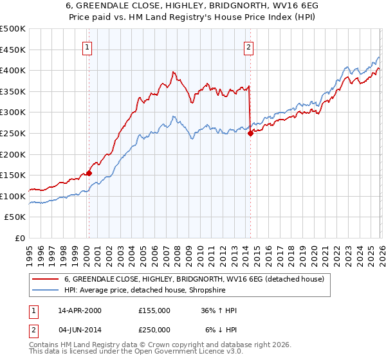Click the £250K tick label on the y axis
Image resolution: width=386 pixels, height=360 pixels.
pyautogui.click(x=13, y=133)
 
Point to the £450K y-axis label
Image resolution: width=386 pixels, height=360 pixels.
pyautogui.click(x=13, y=50)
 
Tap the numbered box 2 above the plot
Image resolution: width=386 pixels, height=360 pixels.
pyautogui.click(x=248, y=46)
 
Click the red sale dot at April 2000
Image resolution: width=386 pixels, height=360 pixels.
pyautogui.click(x=89, y=172)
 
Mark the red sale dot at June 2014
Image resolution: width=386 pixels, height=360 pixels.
pyautogui.click(x=250, y=133)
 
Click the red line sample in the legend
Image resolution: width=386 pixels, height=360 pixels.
pyautogui.click(x=46, y=279)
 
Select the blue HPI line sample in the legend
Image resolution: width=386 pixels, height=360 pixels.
pyautogui.click(x=46, y=290)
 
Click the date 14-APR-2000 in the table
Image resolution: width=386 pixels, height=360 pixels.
pyautogui.click(x=80, y=310)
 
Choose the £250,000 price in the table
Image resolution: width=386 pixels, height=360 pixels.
pyautogui.click(x=154, y=329)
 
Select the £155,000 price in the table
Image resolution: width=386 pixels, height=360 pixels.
pyautogui.click(x=154, y=310)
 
